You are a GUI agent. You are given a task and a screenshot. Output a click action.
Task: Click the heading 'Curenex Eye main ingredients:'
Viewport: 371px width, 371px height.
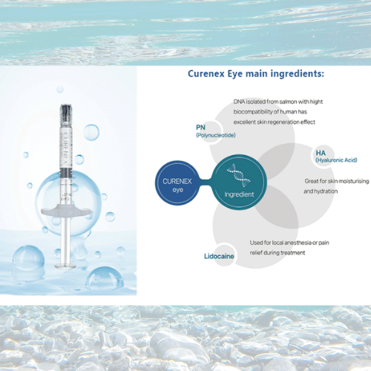(x=255, y=74)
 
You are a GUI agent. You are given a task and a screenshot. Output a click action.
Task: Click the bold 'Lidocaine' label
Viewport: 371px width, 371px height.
(x=220, y=256)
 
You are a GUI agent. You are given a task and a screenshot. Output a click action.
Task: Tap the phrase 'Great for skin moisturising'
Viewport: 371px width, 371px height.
(x=337, y=180)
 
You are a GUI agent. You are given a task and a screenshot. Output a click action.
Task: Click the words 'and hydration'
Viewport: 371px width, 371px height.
(x=321, y=191)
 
